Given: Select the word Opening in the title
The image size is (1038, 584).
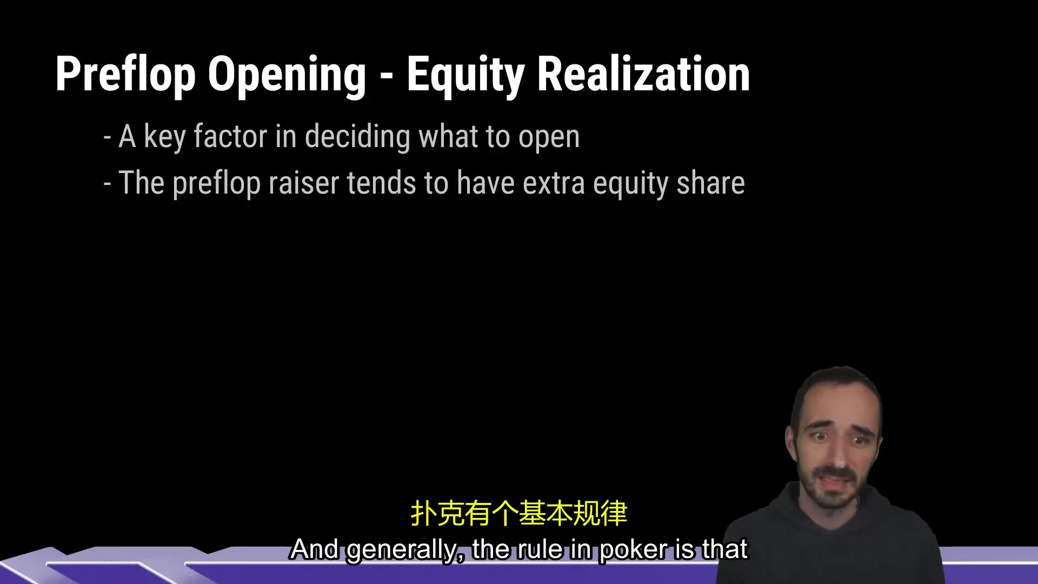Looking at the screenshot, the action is [x=287, y=76].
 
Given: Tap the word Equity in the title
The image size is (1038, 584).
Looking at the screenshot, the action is [x=465, y=76].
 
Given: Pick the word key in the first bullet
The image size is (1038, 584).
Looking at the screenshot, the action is [x=165, y=137].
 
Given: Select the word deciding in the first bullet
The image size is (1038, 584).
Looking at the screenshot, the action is [x=357, y=137].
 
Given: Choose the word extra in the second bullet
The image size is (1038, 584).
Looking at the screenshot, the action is [x=554, y=184].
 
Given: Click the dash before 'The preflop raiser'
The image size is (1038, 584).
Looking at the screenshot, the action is [x=107, y=184].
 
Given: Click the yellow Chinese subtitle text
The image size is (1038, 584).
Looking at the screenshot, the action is [x=519, y=513].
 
